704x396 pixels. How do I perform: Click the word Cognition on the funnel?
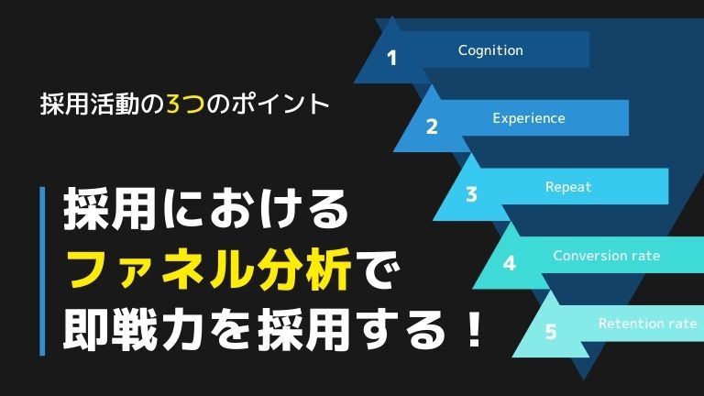tap(490, 50)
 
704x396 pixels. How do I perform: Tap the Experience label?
tap(528, 118)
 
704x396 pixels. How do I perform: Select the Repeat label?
tap(568, 187)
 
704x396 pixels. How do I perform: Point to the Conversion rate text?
tap(606, 256)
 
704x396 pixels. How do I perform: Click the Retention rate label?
tap(647, 324)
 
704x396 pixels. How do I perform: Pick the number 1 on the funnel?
tap(392, 58)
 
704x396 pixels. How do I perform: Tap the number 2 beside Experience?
tap(432, 126)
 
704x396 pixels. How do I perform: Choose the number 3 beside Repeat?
tap(471, 195)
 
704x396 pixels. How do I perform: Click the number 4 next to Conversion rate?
tap(510, 263)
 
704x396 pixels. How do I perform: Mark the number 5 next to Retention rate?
tap(550, 332)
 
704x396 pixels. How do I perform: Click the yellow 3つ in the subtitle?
tap(185, 104)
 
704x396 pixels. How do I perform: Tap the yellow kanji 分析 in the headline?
tap(302, 269)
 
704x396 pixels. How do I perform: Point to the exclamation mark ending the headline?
tap(474, 330)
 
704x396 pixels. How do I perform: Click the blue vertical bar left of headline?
tap(43, 271)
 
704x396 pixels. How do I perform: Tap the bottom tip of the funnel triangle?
tap(584, 379)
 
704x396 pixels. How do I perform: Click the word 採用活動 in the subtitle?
tap(90, 104)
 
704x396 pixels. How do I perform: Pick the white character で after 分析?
tap(377, 270)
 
